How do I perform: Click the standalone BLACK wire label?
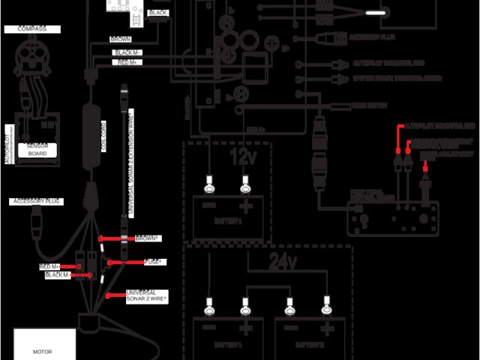[158, 13]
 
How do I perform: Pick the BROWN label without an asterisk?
[120, 38]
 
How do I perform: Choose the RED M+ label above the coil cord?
[126, 63]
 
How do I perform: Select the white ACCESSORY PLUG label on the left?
[34, 202]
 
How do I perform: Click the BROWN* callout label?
[147, 238]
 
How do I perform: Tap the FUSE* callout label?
[155, 262]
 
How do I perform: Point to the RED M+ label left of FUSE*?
[50, 266]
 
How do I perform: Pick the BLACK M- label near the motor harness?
[57, 275]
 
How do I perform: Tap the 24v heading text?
[283, 262]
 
